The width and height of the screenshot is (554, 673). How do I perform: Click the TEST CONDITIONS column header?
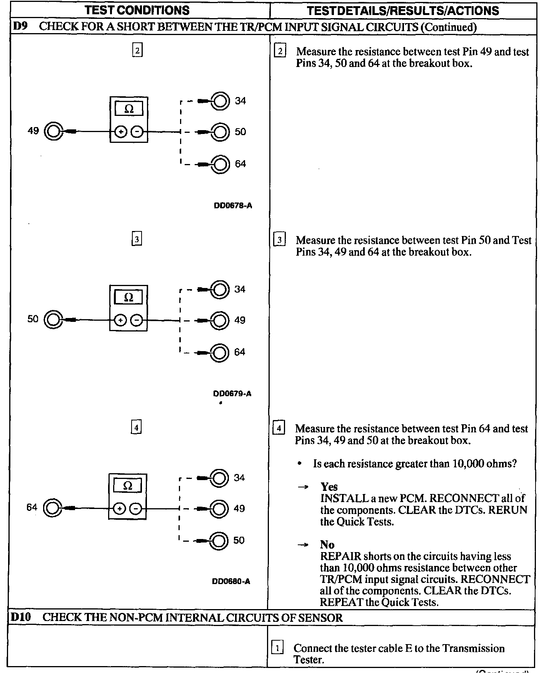[137, 10]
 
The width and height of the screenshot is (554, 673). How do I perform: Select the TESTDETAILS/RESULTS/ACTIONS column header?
[403, 11]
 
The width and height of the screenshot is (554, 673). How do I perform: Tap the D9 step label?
[19, 27]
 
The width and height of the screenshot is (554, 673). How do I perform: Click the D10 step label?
[20, 617]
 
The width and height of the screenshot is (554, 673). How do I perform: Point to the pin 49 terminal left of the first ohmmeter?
[53, 132]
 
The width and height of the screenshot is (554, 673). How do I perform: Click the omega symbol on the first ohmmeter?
[129, 109]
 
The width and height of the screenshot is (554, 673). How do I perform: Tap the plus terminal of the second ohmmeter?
[120, 320]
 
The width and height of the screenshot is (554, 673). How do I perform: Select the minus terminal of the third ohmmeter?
[135, 509]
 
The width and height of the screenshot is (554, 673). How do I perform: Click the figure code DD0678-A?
[233, 206]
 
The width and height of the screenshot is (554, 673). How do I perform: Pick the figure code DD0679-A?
[232, 393]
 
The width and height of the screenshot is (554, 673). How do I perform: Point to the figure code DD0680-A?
[231, 581]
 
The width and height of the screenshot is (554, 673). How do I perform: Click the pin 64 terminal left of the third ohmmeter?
[52, 508]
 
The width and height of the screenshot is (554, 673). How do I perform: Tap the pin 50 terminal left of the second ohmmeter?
[53, 320]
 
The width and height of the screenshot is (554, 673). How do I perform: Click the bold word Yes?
[329, 487]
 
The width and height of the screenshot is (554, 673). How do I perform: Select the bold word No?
[327, 544]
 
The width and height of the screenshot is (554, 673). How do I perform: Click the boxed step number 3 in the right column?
[279, 240]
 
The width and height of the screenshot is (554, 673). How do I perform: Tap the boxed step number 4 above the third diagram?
[136, 427]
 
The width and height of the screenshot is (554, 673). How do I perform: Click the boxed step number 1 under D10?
[277, 648]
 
